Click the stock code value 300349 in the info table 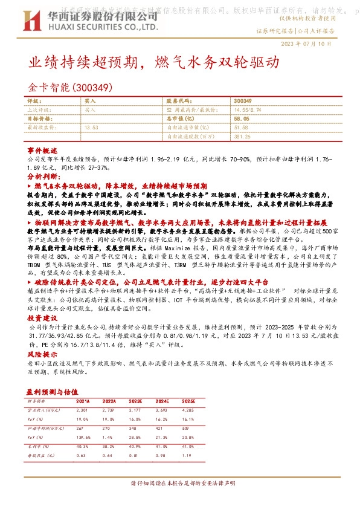click(x=242, y=102)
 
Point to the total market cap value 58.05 click(x=242, y=119)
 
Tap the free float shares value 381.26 click(x=242, y=136)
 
